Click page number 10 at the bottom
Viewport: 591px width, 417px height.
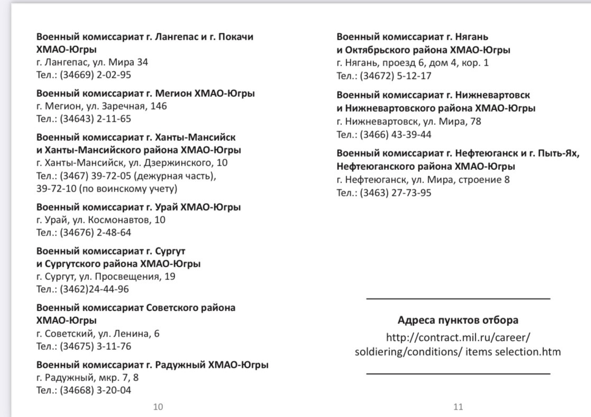(x=158, y=406)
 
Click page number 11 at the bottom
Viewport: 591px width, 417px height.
(x=458, y=406)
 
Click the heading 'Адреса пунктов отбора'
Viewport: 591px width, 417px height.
(x=458, y=320)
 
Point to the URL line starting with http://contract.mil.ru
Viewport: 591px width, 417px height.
(x=458, y=337)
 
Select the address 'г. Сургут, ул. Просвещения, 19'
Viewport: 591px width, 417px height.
(x=106, y=276)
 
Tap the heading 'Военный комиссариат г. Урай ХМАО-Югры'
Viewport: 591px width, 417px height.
(x=138, y=207)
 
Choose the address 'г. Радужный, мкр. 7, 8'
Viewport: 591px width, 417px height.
(x=87, y=378)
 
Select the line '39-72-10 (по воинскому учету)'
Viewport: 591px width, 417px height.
(x=106, y=188)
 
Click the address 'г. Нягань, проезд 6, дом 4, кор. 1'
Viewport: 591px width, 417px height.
(x=413, y=63)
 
